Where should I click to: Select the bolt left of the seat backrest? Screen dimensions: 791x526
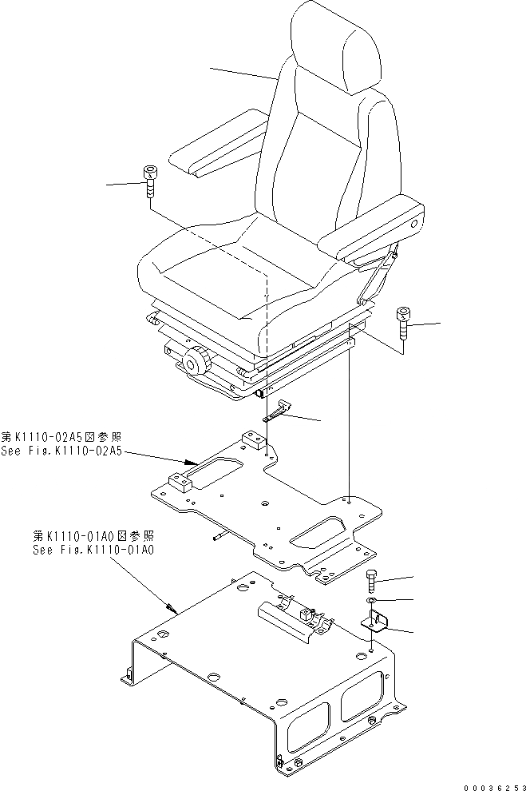150,183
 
